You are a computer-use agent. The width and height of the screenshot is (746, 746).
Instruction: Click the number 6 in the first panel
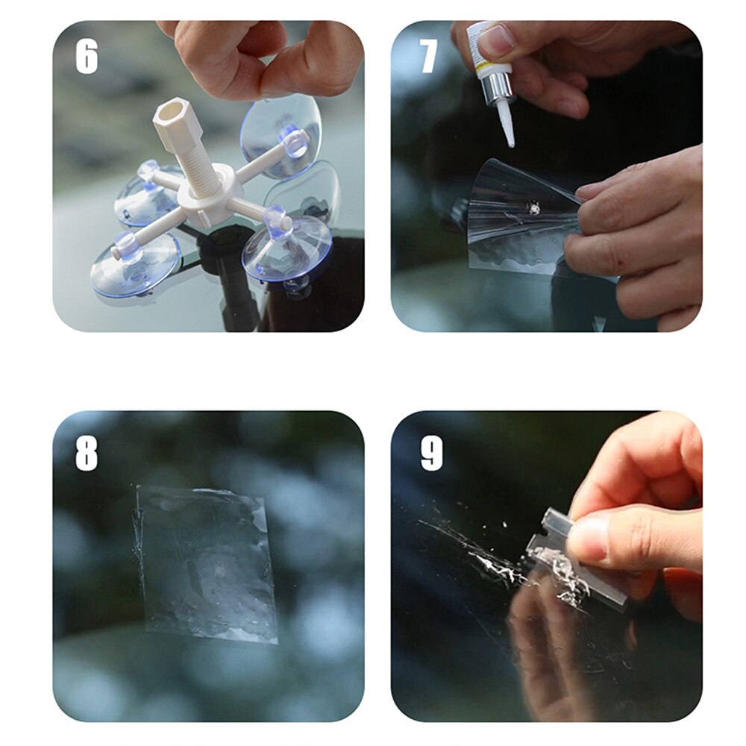tap(87, 57)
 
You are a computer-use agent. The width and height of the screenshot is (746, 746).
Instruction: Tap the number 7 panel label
tap(428, 57)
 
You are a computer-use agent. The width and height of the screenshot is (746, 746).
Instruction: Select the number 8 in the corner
tap(87, 453)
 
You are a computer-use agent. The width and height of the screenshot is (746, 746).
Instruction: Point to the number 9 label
tap(431, 453)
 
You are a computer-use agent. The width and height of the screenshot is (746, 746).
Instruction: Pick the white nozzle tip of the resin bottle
tap(507, 126)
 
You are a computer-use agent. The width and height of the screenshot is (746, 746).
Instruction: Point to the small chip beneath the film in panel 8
tap(218, 571)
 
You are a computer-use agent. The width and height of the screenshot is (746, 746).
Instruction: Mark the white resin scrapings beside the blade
tap(492, 564)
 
